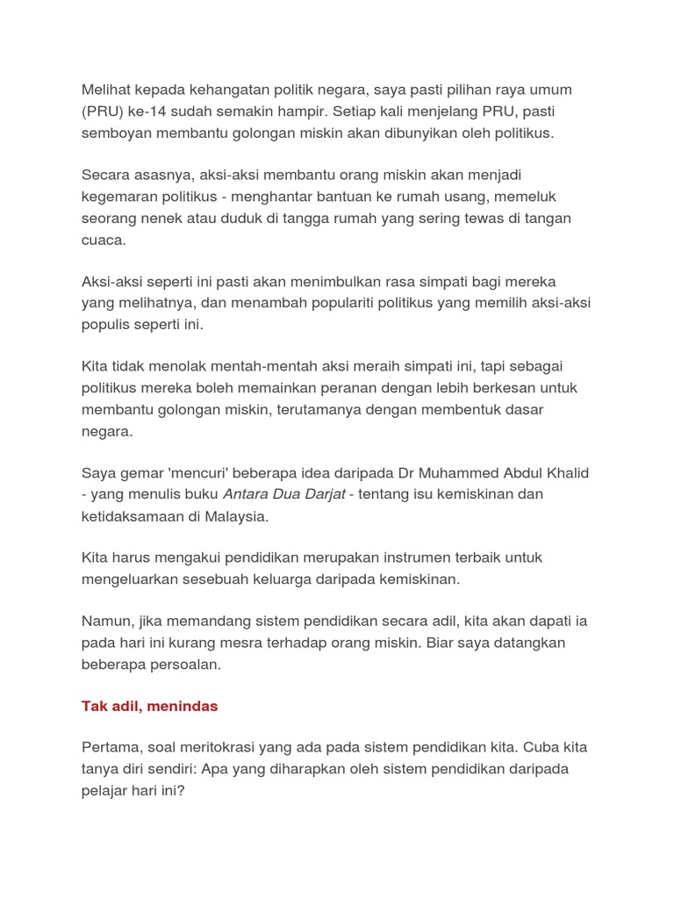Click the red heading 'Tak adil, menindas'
[x=149, y=706]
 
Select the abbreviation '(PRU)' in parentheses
[x=103, y=112]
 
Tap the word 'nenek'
[x=173, y=218]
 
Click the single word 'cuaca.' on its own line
[x=105, y=239]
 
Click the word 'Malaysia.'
[x=236, y=515]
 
